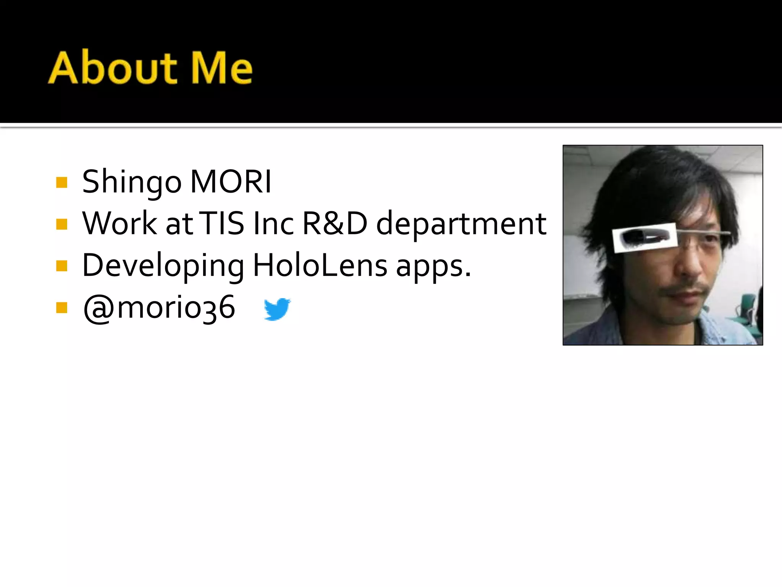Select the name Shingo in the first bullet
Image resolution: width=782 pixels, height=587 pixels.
132,182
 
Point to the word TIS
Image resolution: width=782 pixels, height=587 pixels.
222,223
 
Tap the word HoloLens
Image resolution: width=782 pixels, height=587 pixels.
320,265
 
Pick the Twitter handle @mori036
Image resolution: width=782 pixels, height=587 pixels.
159,308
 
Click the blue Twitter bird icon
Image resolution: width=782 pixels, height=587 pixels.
277,309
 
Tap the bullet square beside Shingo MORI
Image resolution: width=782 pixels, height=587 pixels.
61,183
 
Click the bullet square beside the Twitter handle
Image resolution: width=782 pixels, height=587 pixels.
61,308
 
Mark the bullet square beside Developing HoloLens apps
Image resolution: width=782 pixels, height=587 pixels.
61,266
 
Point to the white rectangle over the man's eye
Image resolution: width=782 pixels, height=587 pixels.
644,238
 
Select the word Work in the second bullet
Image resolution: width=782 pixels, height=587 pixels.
120,223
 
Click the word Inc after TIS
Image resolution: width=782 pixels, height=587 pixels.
273,223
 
